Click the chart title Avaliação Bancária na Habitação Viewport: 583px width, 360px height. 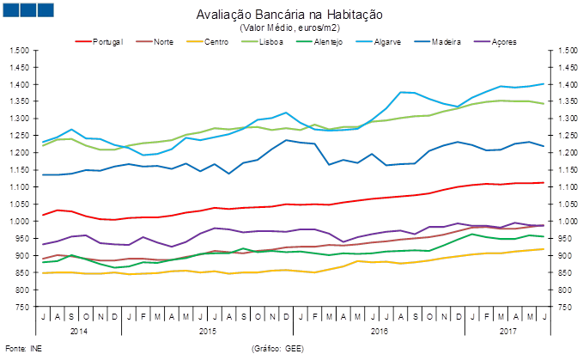[289, 15]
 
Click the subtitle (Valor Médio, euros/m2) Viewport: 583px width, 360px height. [289, 28]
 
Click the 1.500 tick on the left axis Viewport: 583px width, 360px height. [19, 50]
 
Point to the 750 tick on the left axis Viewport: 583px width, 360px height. [22, 307]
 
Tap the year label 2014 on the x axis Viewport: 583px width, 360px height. [79, 330]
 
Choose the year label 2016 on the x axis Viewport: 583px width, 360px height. [379, 330]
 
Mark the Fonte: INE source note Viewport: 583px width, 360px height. [23, 348]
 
